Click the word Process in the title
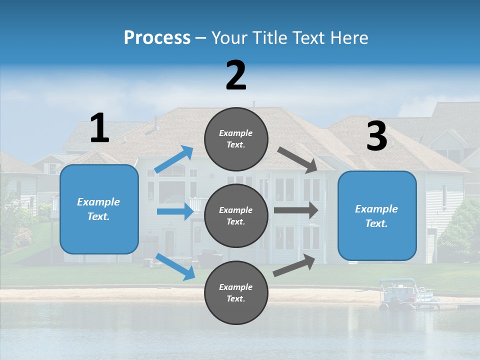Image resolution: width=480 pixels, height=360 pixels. (157, 38)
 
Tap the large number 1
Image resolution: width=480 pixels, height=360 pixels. (99, 128)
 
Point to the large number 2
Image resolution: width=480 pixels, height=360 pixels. (236, 75)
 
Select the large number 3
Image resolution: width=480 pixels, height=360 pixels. (376, 136)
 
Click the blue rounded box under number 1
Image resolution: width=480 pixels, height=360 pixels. (99, 209)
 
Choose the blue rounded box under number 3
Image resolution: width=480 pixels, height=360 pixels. (377, 216)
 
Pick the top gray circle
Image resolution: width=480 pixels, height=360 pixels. (236, 139)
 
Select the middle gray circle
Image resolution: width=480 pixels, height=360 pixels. (236, 216)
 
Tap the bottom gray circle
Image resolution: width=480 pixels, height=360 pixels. (236, 293)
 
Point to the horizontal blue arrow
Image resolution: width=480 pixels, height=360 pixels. (175, 211)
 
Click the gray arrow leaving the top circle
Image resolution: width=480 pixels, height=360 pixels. (298, 160)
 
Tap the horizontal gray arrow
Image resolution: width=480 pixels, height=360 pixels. (296, 210)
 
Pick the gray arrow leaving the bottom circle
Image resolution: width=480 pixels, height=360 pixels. (294, 265)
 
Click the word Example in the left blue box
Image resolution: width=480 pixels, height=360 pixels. (98, 202)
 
